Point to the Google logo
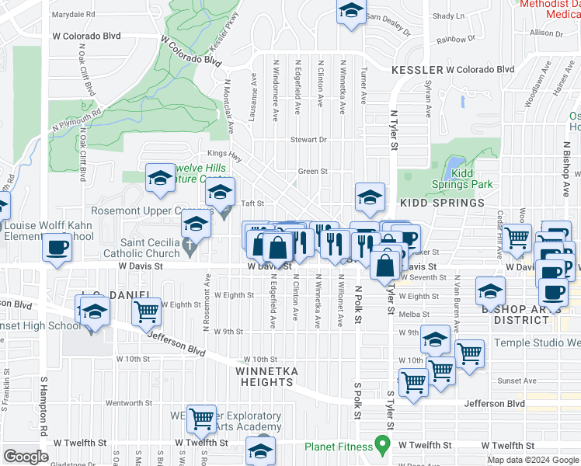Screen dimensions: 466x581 point(26,457)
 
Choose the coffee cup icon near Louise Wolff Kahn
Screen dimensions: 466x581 point(57,249)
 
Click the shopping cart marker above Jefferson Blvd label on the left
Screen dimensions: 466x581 point(146,312)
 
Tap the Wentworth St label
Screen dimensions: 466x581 point(125,403)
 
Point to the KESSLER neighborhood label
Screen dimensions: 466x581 point(418,69)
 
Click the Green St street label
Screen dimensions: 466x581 point(313,172)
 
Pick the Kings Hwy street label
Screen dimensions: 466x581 point(220,154)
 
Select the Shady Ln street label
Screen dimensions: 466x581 point(448,16)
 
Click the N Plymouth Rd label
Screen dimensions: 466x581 point(76,119)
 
